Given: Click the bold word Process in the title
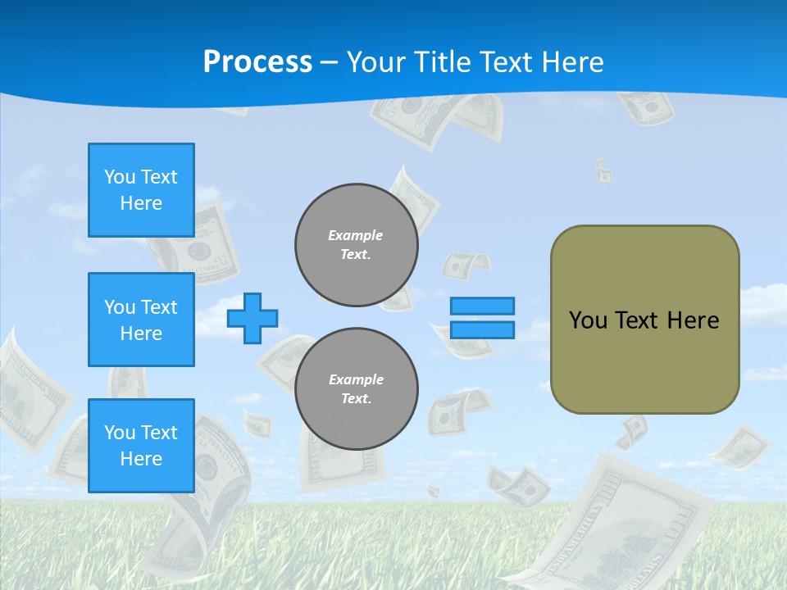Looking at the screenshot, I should coord(257,62).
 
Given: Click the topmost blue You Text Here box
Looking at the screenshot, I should coord(141,190).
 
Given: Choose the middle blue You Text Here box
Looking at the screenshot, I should coord(141,320).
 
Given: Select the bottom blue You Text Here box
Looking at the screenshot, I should coord(141,446).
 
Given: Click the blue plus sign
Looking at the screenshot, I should coord(252,318).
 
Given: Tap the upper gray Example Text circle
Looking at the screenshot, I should coord(356,245).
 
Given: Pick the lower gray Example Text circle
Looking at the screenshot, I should coord(356,389).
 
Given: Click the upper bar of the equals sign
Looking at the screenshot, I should coord(482,306).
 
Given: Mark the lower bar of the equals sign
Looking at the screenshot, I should coord(482,330).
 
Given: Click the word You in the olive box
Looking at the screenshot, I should coord(588,320).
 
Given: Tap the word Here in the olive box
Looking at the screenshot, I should coord(693,320).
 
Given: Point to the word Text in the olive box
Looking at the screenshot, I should coord(636,320).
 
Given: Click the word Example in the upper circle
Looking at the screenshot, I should coord(356,235).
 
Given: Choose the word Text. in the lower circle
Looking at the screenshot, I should coord(356,399).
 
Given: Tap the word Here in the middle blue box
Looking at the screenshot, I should coord(141,334).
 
